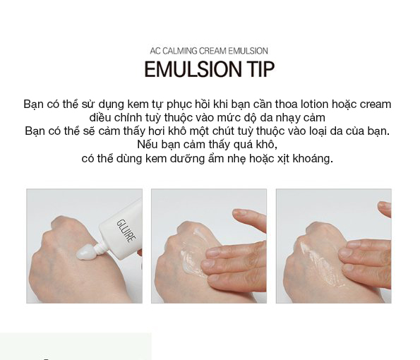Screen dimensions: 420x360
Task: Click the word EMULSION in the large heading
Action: pyautogui.click(x=190, y=69)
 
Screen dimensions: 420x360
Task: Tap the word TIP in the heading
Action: pyautogui.click(x=258, y=69)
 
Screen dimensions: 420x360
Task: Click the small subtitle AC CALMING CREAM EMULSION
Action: pyautogui.click(x=209, y=51)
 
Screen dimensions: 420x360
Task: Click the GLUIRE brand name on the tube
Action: pyautogui.click(x=126, y=231)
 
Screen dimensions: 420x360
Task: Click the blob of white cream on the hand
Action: pyautogui.click(x=85, y=252)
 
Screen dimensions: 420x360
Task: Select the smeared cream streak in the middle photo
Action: pyautogui.click(x=193, y=254)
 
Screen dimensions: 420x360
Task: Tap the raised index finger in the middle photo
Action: pyautogui.click(x=250, y=219)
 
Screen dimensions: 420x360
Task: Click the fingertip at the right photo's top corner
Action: pyautogui.click(x=385, y=208)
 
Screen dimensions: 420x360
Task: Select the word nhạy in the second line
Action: pyautogui.click(x=288, y=118)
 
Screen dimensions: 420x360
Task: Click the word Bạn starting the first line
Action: pyautogui.click(x=34, y=104)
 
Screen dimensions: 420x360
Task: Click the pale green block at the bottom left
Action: pyautogui.click(x=76, y=347)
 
